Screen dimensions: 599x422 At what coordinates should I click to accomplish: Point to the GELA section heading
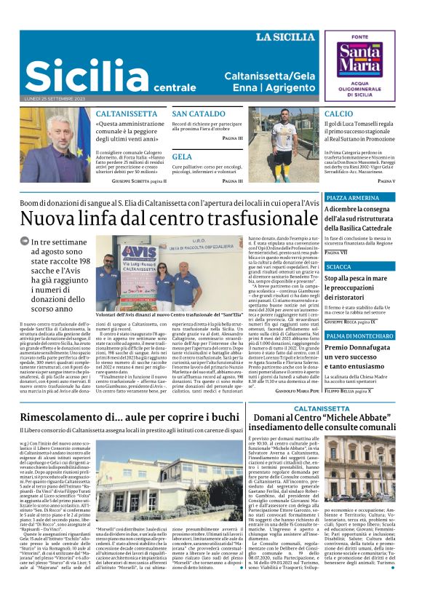tap(182, 156)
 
